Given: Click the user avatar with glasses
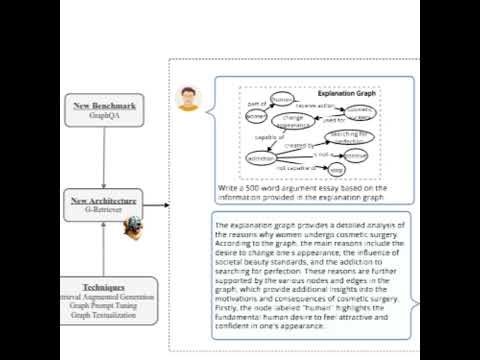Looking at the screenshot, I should (187, 98).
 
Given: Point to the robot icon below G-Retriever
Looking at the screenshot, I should (131, 229).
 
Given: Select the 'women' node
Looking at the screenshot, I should (256, 116).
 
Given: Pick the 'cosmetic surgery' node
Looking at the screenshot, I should (361, 112).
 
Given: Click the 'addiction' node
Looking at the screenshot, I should (261, 159).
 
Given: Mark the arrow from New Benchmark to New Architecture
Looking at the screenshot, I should (104, 158).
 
